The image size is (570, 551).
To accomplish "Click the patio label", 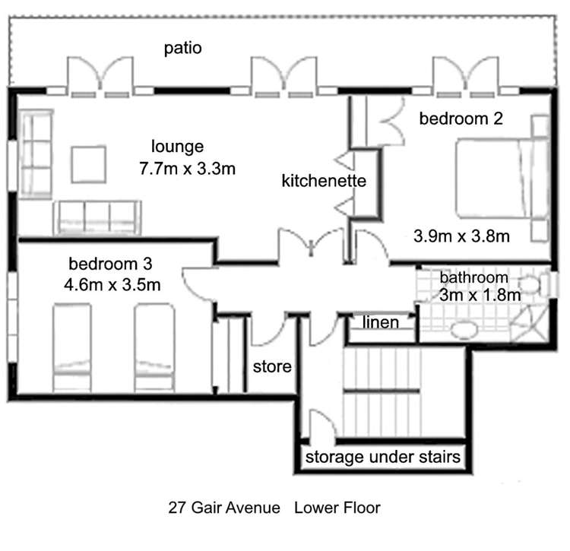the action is [x=183, y=48].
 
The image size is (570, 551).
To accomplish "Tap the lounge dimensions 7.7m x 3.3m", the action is [x=188, y=169].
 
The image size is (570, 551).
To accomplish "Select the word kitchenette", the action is [x=324, y=181].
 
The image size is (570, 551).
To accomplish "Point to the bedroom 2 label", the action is [x=461, y=119].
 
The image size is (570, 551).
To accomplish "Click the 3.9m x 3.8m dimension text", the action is [x=461, y=236].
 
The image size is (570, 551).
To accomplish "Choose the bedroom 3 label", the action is [x=110, y=264].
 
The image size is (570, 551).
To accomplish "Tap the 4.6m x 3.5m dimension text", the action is [x=112, y=284].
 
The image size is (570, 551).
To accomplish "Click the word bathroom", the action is [x=473, y=277].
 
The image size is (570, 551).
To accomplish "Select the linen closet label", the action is [x=381, y=322].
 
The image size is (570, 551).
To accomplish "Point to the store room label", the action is [x=272, y=367].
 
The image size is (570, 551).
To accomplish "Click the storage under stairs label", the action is [x=383, y=458].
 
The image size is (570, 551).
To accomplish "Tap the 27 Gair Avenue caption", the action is [x=224, y=508].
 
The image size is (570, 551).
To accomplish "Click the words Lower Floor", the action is [x=337, y=508].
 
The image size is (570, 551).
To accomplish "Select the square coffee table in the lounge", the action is [x=89, y=164].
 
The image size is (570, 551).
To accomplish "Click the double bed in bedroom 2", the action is [x=502, y=179].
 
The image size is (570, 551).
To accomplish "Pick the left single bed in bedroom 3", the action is [x=72, y=348].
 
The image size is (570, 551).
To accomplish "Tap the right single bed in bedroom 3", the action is [x=154, y=348].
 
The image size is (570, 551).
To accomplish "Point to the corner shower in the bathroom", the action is [x=530, y=324].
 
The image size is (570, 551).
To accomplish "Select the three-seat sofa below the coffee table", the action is [x=97, y=217].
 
